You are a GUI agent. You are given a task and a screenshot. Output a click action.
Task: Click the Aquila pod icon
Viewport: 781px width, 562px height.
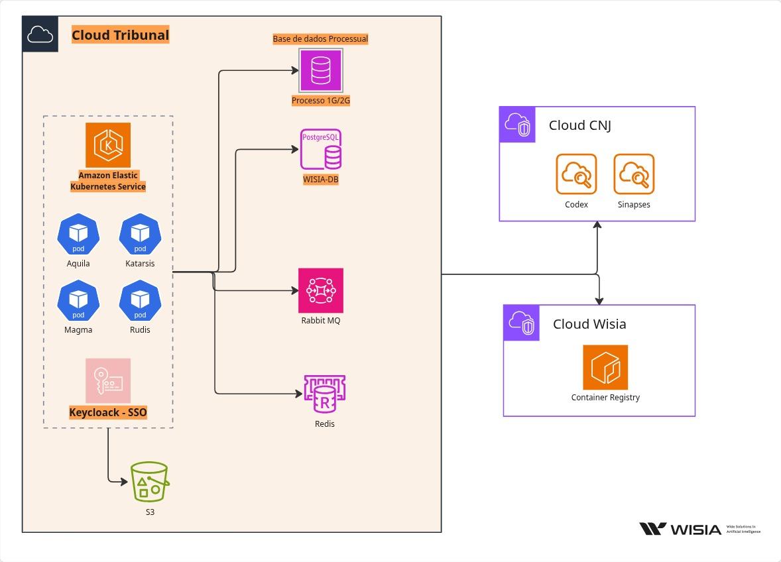(x=78, y=234)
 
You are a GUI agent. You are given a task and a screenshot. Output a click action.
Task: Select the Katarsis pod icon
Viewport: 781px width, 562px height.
(x=140, y=234)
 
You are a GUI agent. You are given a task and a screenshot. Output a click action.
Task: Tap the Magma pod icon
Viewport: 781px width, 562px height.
(x=78, y=300)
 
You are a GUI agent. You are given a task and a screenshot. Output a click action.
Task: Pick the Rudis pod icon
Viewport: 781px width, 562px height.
(x=140, y=300)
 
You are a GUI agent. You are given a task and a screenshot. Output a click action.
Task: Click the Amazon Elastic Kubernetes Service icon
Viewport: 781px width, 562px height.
(x=108, y=145)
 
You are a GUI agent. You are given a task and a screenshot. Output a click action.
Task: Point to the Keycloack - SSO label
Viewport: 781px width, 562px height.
(x=108, y=412)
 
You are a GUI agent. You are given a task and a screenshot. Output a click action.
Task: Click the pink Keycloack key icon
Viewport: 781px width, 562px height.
(x=108, y=381)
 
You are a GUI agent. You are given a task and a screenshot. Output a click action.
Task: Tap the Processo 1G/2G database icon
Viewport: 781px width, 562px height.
(x=321, y=70)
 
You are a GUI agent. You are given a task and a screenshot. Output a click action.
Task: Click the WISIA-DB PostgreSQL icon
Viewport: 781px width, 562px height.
(x=321, y=150)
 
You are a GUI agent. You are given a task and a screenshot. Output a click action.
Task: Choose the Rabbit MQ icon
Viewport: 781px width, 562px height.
(x=321, y=290)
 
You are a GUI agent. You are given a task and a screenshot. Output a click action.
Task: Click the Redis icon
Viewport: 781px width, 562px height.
(x=324, y=395)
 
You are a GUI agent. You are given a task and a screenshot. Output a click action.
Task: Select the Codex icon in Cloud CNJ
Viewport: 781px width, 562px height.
(x=576, y=174)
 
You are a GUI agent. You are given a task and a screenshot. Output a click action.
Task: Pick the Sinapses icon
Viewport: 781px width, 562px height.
(x=634, y=174)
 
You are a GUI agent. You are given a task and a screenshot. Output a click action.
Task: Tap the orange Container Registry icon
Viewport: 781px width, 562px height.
(x=605, y=367)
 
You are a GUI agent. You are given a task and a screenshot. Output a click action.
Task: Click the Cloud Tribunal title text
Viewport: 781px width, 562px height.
(x=120, y=35)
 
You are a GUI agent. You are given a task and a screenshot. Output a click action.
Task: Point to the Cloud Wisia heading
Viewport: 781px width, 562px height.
(x=589, y=324)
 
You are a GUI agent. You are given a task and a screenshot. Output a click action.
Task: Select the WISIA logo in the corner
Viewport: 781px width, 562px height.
(x=680, y=529)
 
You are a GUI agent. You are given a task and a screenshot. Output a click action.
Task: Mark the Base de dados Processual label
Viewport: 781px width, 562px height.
(x=320, y=39)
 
